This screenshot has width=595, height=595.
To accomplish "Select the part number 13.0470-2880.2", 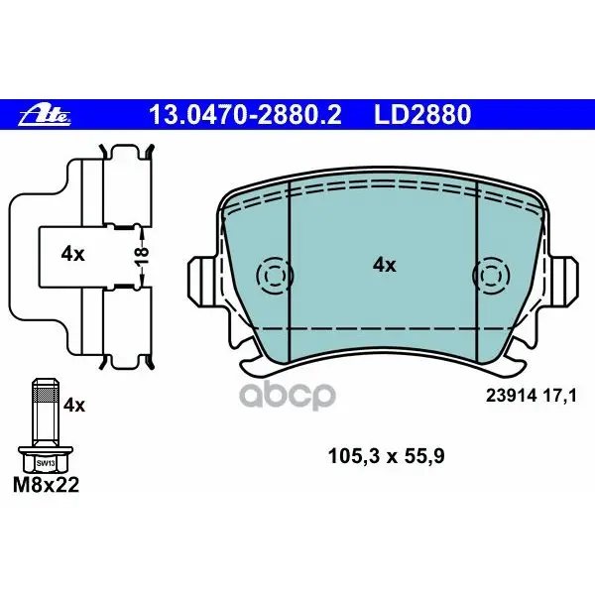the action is pos(245,115).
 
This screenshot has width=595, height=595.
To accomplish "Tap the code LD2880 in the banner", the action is pos(422,115).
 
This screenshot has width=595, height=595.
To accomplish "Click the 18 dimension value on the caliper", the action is pos(142,256).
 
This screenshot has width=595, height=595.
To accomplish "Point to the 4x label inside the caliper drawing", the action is pos(72,254).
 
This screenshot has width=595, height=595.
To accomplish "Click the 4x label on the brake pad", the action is pos(384,265).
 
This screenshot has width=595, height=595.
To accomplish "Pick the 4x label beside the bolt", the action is pos(74,406).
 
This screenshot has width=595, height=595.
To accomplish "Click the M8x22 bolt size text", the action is pos(46,485).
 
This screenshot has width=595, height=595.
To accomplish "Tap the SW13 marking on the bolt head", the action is pos(46,463).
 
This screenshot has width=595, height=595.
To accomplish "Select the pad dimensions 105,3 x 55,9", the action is pos(386,456).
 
